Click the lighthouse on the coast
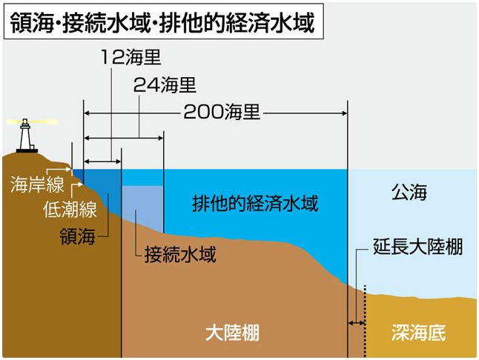click(x=27, y=136)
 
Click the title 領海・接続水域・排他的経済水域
click(x=162, y=22)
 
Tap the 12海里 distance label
click(x=131, y=57)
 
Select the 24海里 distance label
click(x=165, y=84)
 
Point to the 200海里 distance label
click(x=222, y=112)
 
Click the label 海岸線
click(x=37, y=184)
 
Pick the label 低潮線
click(x=70, y=210)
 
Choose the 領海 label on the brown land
click(x=77, y=236)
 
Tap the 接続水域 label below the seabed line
click(x=180, y=254)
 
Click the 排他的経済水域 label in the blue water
click(x=255, y=203)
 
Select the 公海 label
click(x=409, y=192)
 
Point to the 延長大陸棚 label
click(x=418, y=246)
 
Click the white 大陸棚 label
click(x=232, y=333)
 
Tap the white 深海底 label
click(x=418, y=333)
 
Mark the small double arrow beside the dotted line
click(x=356, y=323)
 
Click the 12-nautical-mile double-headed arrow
click(x=102, y=161)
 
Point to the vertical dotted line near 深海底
click(x=365, y=321)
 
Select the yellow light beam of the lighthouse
click(x=33, y=121)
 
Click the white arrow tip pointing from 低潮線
click(x=81, y=184)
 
